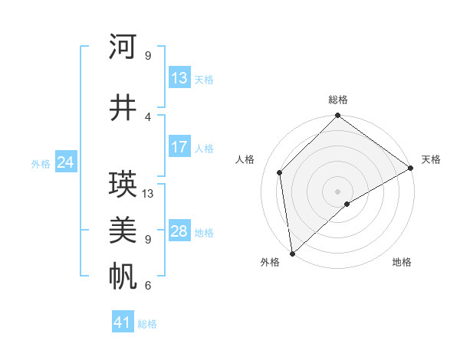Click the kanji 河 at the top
point(123,47)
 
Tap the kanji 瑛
point(123,185)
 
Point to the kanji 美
point(123,229)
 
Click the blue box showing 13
point(179,78)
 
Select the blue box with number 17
point(179,147)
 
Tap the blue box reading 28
point(179,231)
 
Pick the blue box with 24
point(65,162)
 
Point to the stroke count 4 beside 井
point(148,116)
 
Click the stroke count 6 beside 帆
point(148,286)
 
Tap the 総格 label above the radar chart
point(338,100)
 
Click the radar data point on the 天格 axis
point(411,169)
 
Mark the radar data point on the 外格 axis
point(292,253)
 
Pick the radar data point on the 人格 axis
point(280,172)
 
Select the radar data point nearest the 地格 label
point(347,204)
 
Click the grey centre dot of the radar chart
point(338,191)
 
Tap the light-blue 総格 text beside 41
point(147,324)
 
